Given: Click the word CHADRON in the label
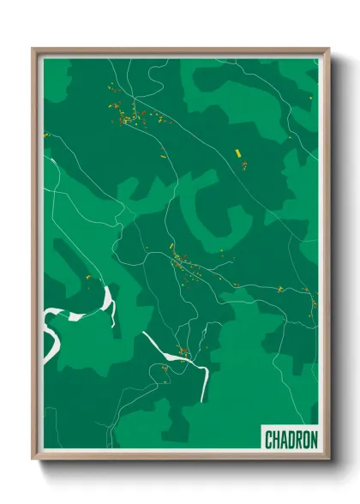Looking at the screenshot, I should coord(291,440).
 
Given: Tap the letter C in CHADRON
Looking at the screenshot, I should coord(269,440).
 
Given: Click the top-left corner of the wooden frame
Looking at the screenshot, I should coord(33,49).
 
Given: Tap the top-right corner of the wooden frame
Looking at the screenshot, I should coord(328,49).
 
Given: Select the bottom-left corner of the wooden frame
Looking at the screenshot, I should coord(33,459).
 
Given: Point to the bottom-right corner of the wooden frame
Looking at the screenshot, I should coord(328,459).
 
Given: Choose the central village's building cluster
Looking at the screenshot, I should coord(182,261).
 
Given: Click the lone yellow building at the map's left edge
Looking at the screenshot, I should coord(46,135).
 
